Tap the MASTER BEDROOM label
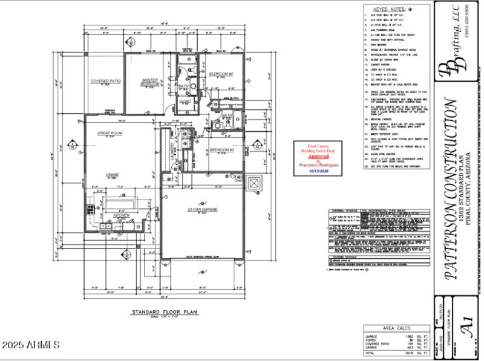pos(150,82)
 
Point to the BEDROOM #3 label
pos(221,149)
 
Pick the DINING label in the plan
pos(113,175)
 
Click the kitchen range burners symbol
pos(91,210)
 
